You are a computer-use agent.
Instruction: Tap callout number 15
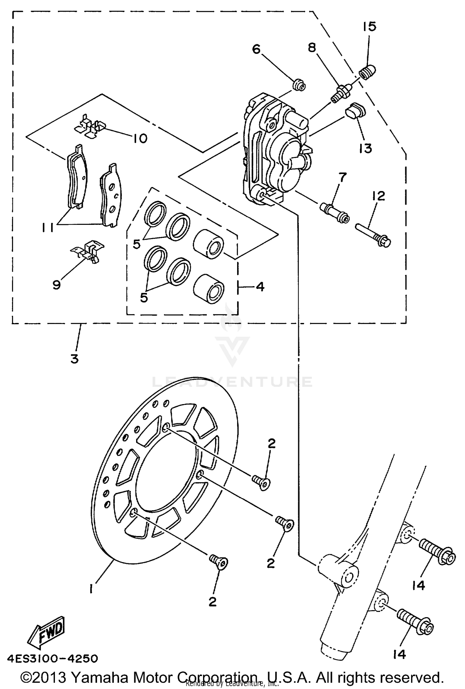[369, 27]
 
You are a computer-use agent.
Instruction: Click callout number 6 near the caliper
[256, 49]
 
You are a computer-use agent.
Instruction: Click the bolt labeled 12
[374, 235]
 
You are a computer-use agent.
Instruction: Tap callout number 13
[366, 149]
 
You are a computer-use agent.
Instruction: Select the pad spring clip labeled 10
[90, 127]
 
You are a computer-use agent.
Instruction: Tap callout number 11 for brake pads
[49, 228]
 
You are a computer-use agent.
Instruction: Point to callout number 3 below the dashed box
[74, 359]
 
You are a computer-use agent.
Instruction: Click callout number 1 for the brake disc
[92, 588]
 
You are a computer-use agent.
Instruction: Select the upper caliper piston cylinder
[208, 244]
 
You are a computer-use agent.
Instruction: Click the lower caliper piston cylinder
[208, 288]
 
